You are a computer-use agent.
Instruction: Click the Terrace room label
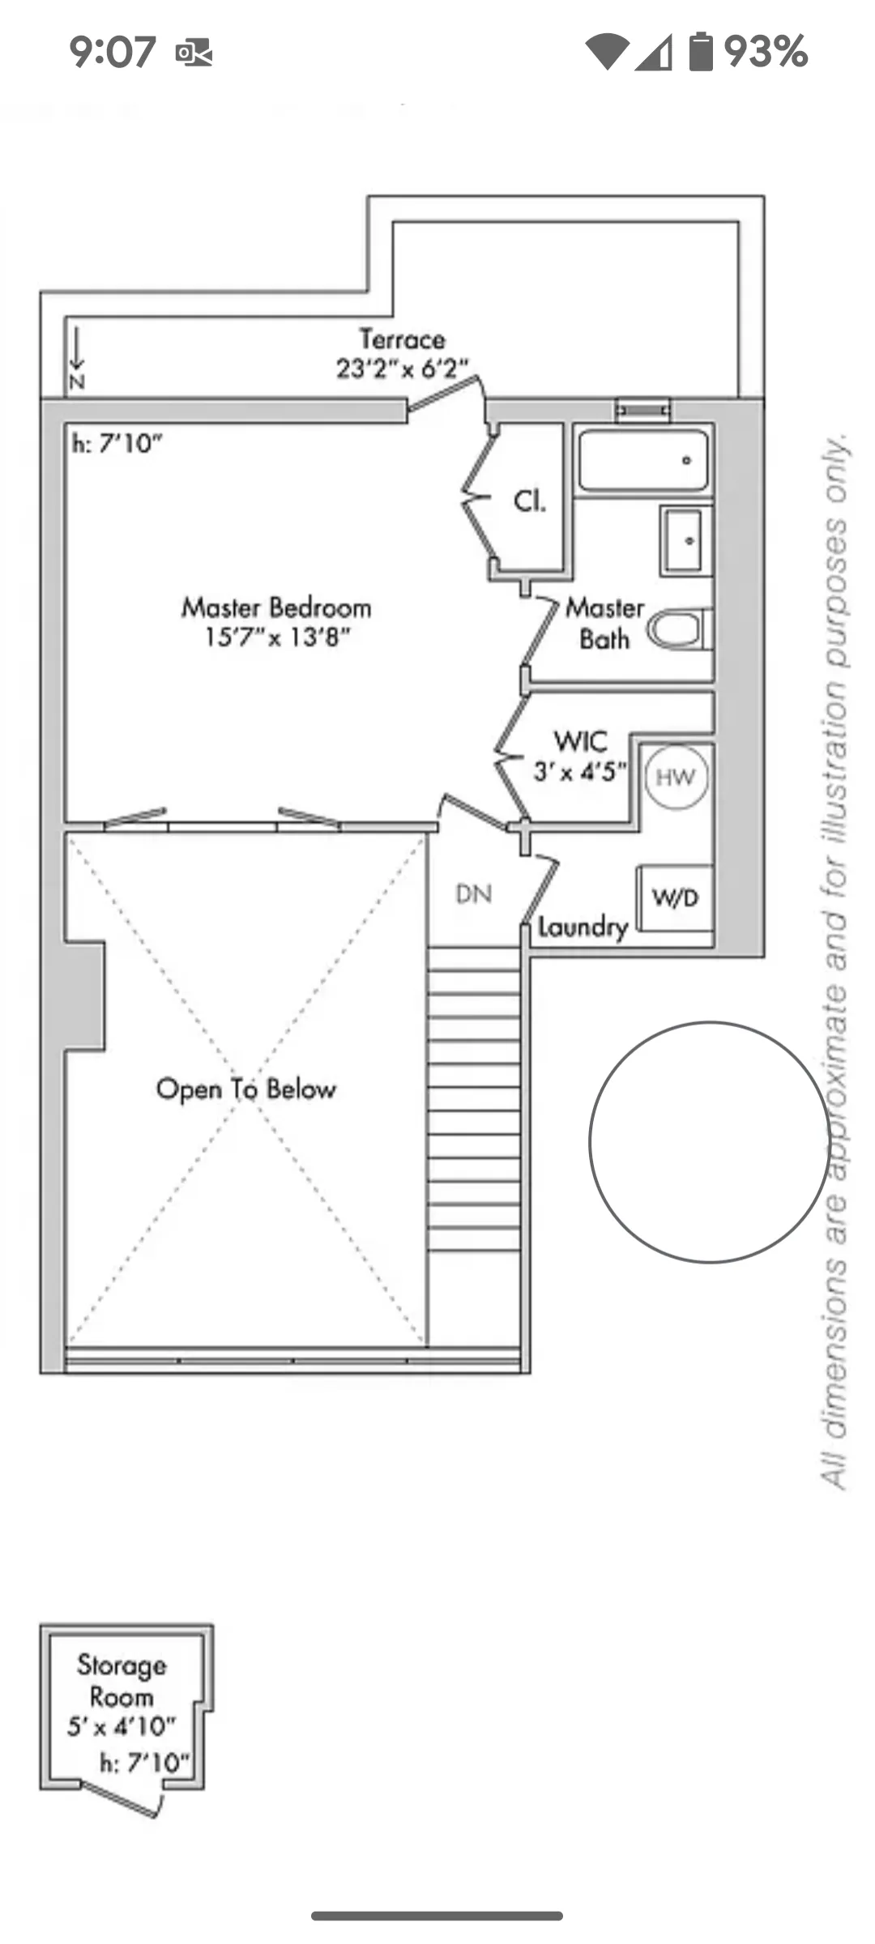(402, 339)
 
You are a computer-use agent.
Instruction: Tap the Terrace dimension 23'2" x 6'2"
(402, 369)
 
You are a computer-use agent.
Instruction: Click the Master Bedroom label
(276, 607)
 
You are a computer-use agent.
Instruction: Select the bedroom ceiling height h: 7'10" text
(117, 444)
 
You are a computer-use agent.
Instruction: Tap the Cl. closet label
(530, 501)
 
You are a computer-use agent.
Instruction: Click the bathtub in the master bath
(643, 460)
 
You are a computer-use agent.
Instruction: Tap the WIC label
(580, 741)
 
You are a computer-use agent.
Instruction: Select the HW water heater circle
(676, 778)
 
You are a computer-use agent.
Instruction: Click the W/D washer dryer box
(675, 897)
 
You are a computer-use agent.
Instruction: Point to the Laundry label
(583, 927)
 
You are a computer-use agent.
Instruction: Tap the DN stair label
(474, 894)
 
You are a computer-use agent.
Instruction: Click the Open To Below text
(245, 1089)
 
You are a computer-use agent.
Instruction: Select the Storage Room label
(122, 1680)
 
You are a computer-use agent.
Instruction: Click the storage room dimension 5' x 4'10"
(122, 1726)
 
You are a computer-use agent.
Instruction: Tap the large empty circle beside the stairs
(709, 1142)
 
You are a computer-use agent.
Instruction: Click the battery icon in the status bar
(701, 51)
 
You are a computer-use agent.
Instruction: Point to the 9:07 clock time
(112, 52)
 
